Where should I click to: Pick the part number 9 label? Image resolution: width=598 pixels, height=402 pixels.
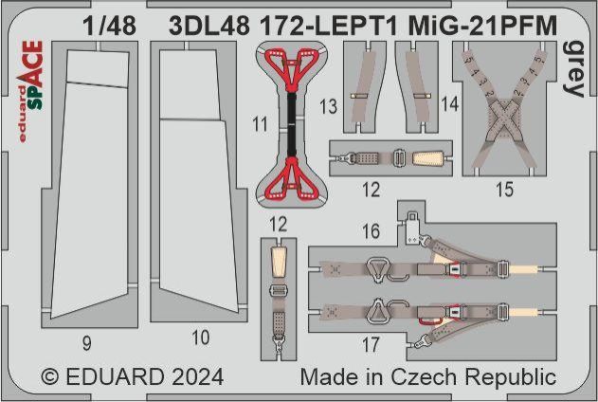(86, 337)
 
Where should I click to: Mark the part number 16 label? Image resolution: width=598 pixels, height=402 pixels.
(371, 229)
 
